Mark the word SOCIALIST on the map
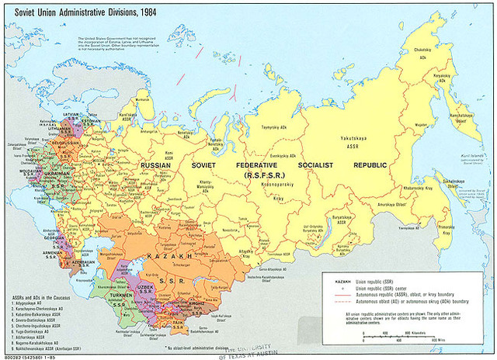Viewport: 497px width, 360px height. [318, 165]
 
